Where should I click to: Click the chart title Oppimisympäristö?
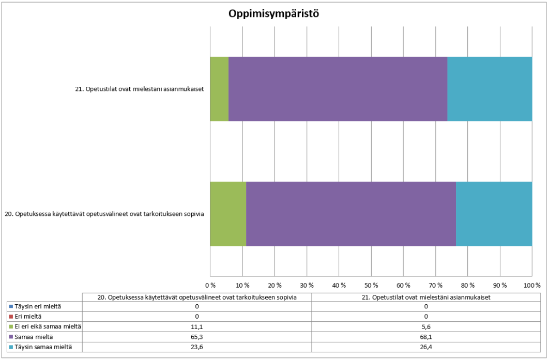click(x=274, y=14)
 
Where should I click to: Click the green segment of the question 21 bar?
click(x=219, y=89)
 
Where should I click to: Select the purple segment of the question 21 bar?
click(x=338, y=89)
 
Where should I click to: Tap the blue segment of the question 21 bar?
click(x=490, y=89)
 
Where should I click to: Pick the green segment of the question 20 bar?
click(x=228, y=214)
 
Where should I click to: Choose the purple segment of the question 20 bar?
click(x=350, y=214)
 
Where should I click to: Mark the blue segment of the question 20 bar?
click(x=494, y=214)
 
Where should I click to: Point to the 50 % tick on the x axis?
click(x=371, y=285)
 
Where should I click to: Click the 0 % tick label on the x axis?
click(x=210, y=285)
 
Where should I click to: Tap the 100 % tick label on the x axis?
click(x=531, y=285)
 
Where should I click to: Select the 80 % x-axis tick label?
click(x=467, y=285)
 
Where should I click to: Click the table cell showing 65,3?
click(x=197, y=337)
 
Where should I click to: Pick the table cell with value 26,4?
click(x=426, y=347)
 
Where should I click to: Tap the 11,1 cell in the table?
click(x=197, y=326)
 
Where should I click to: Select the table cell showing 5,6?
click(x=426, y=326)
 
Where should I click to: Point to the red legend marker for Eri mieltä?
click(x=11, y=317)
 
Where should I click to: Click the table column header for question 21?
click(x=426, y=297)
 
